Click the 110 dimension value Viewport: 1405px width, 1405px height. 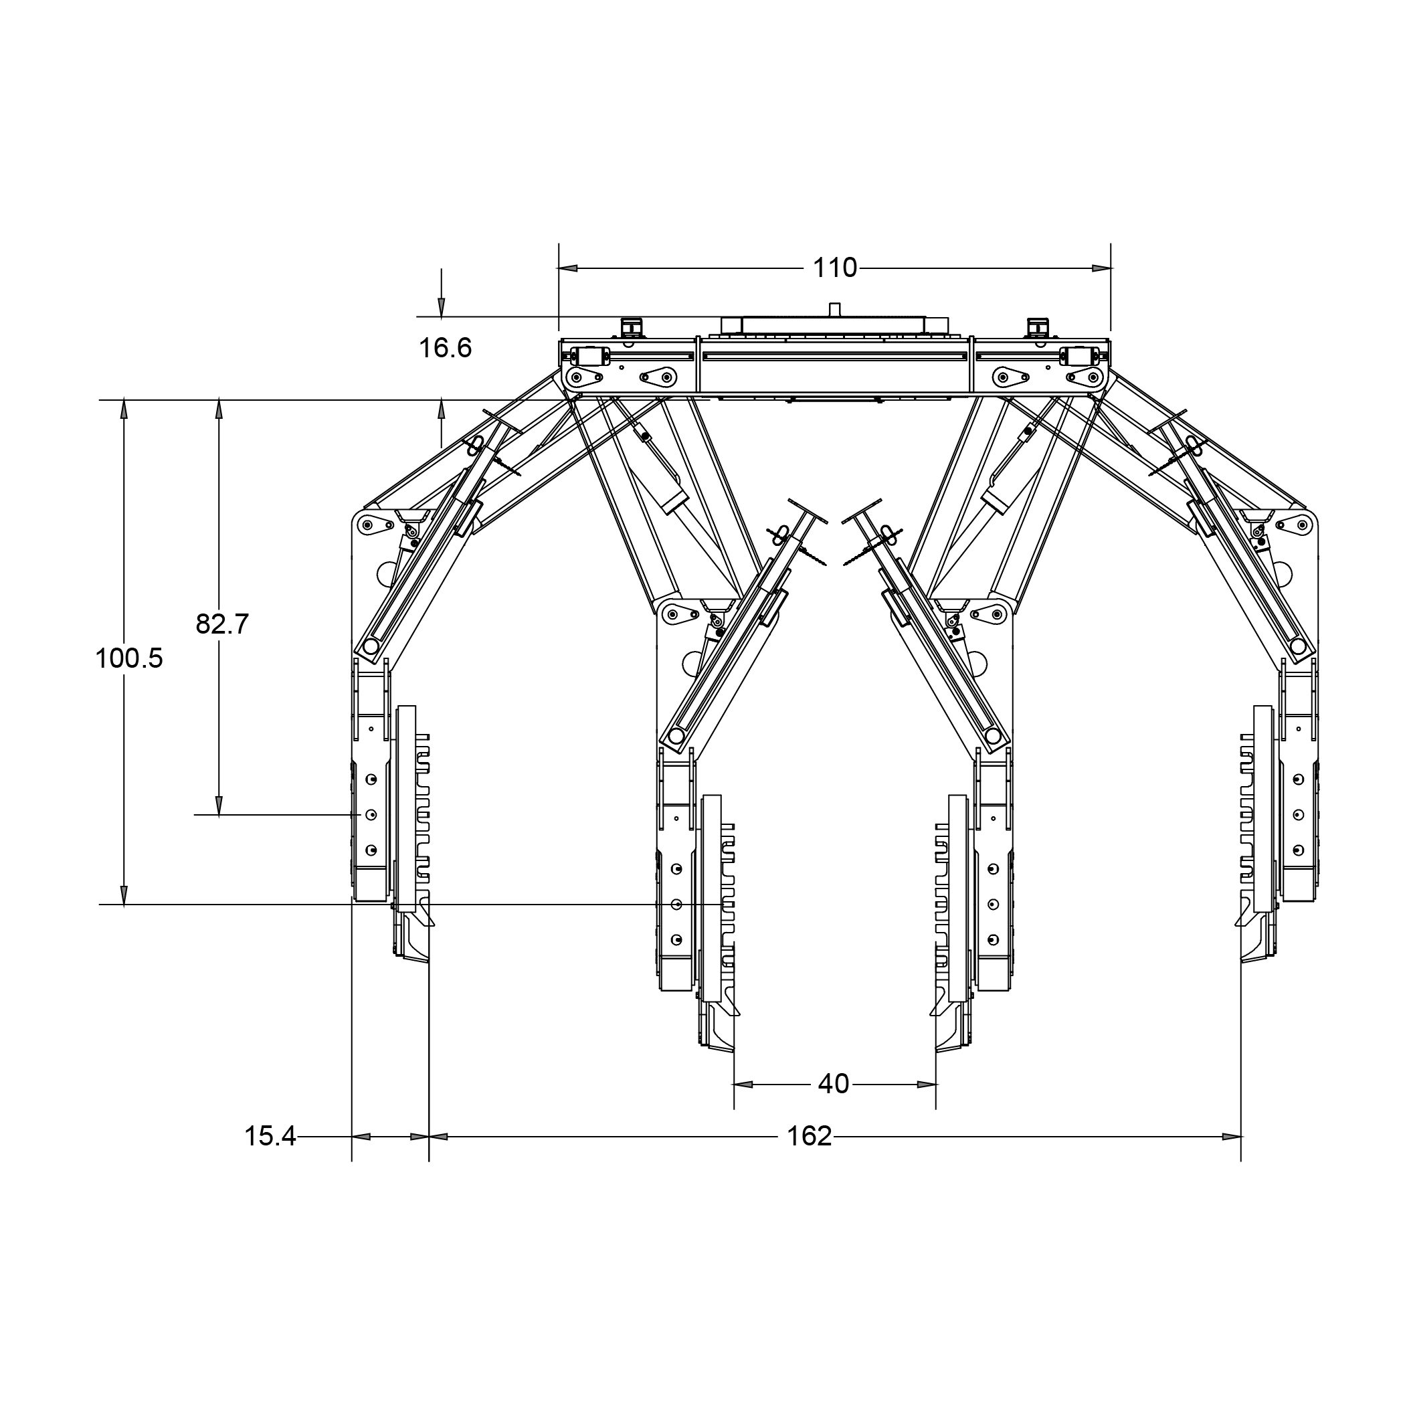click(x=835, y=268)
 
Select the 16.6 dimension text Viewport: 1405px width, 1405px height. click(x=445, y=348)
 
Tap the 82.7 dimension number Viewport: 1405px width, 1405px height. click(x=223, y=624)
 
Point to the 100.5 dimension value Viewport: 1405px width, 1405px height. click(x=129, y=659)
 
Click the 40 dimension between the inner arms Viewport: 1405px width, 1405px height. click(x=834, y=1085)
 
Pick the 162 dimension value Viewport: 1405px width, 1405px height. click(x=810, y=1136)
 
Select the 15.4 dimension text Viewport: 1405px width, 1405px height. click(x=270, y=1136)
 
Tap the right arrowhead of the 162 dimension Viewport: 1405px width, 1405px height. click(x=1231, y=1137)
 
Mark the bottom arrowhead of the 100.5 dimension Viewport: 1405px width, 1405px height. click(x=124, y=895)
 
